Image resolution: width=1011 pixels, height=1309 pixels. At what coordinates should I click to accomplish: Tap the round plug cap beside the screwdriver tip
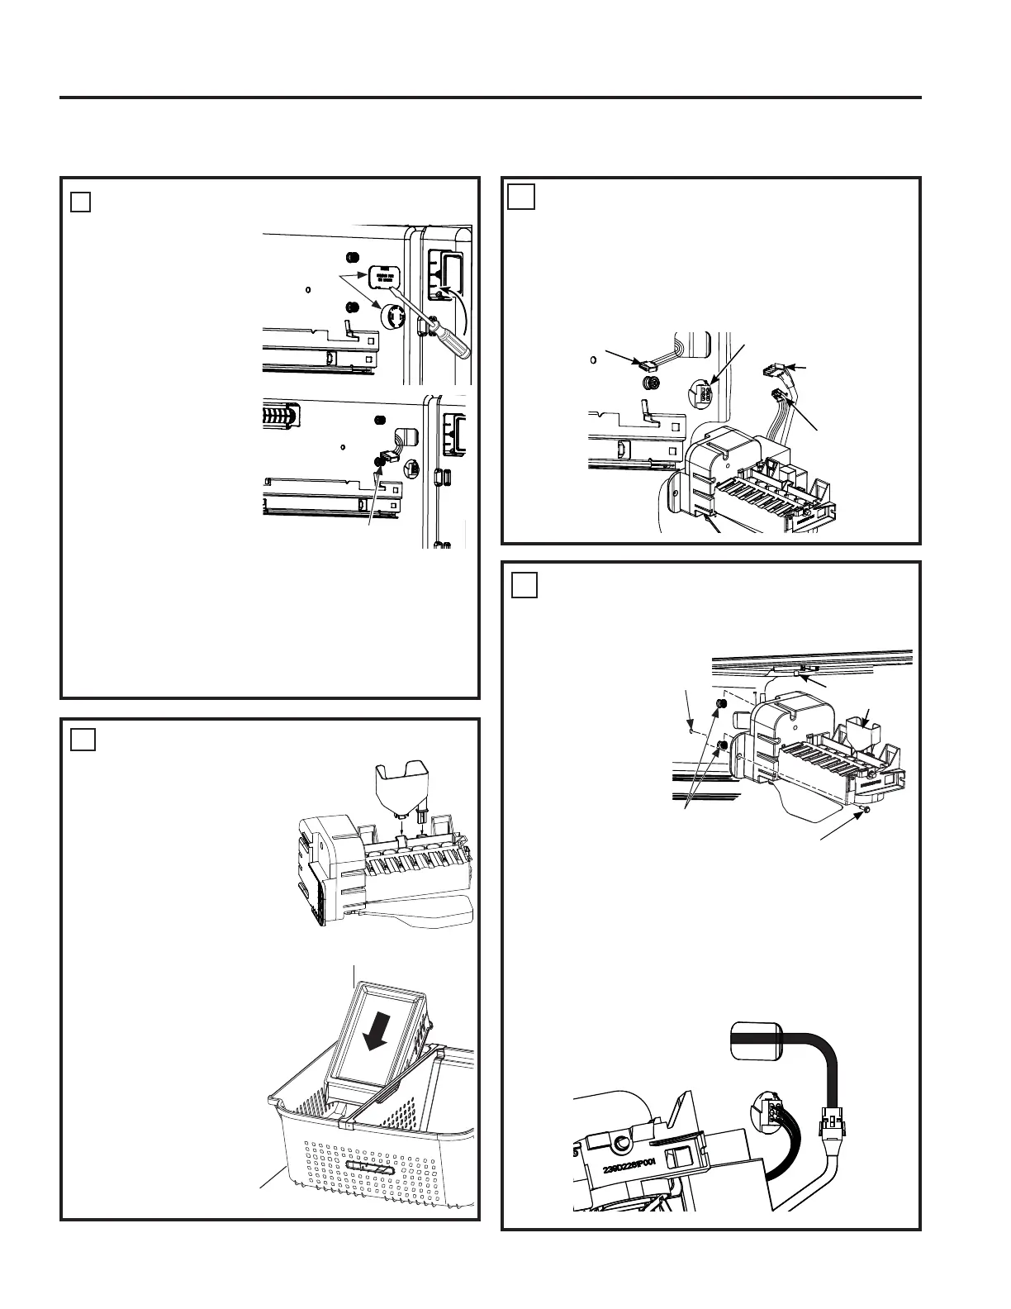(392, 317)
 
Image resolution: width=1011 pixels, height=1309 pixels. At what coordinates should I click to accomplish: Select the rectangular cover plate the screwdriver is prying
(384, 276)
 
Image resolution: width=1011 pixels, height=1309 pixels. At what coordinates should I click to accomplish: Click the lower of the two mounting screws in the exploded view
(723, 745)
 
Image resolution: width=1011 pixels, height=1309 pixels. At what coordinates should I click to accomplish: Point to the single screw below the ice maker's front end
(868, 812)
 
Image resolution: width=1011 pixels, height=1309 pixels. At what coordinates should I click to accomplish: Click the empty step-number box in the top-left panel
(80, 201)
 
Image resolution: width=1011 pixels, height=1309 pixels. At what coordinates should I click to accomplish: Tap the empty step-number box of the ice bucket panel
(83, 739)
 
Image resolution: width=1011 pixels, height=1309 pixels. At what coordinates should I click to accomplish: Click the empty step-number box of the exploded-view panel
(524, 584)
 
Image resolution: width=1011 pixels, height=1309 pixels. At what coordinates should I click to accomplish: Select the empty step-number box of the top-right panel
(522, 198)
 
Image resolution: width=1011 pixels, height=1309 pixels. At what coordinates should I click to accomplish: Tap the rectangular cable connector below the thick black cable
(829, 1121)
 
